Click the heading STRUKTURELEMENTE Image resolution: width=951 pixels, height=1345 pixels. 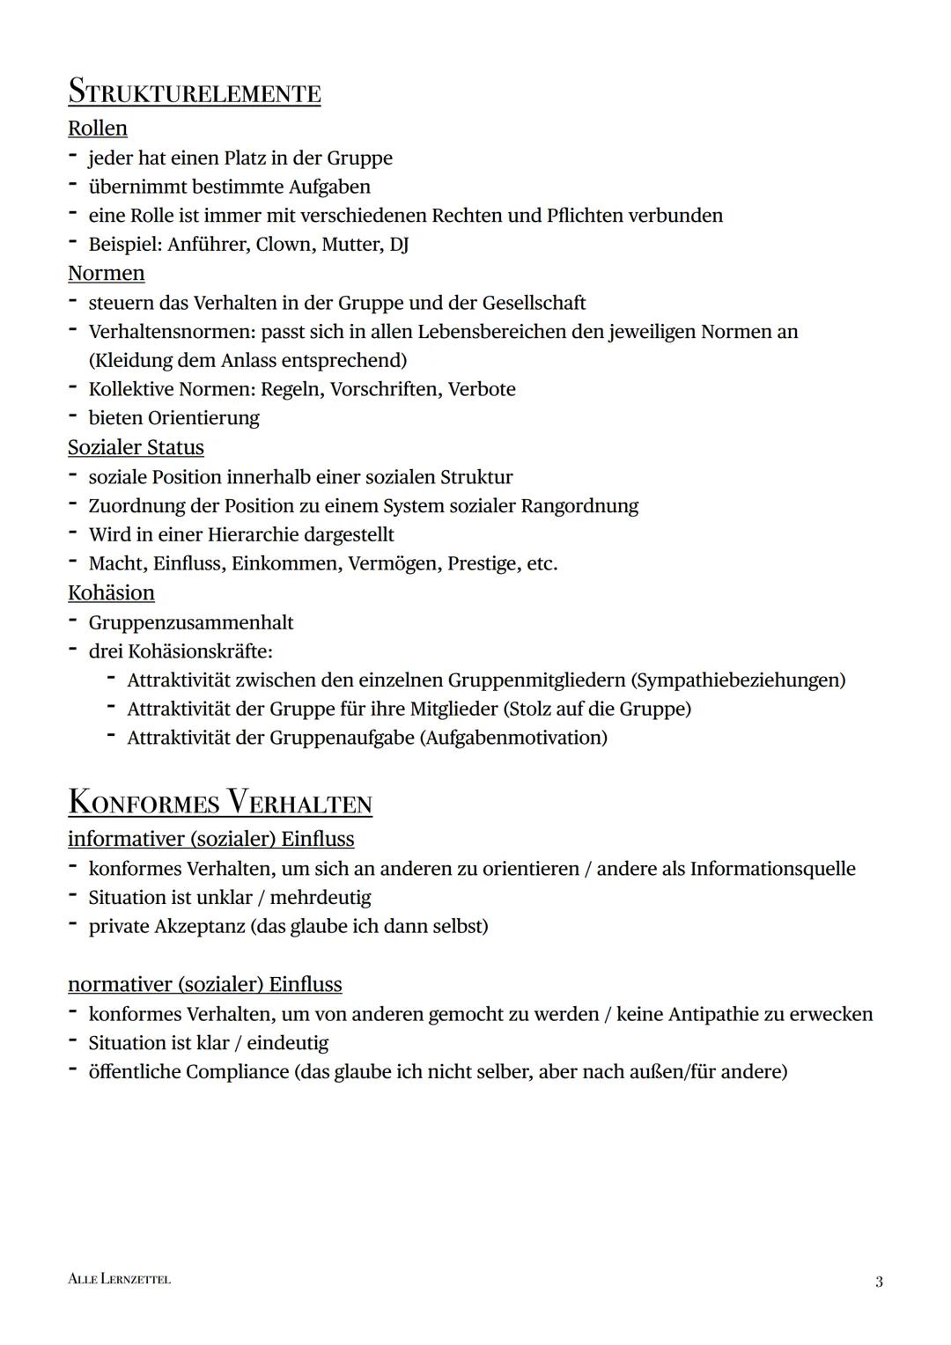(x=195, y=92)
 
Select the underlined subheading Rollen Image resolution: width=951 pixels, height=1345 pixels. (x=98, y=129)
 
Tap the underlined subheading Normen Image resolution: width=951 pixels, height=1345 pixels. (x=107, y=274)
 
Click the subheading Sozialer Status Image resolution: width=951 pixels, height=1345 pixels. (x=136, y=448)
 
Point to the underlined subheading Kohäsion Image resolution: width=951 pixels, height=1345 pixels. (x=111, y=593)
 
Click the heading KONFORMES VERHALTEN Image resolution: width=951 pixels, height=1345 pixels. (x=220, y=803)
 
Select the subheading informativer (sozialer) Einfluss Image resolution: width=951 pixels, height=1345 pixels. (x=211, y=839)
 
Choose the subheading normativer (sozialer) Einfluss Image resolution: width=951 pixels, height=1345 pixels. (x=205, y=984)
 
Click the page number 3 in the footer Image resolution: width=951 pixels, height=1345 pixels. (x=878, y=1282)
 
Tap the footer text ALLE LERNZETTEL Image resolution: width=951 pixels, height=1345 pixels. (x=119, y=1279)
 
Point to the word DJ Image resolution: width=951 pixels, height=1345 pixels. (x=399, y=245)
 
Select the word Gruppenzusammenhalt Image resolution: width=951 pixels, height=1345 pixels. (x=191, y=623)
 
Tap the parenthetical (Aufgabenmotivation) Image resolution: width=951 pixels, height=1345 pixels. (x=513, y=738)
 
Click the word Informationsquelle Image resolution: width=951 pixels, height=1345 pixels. (x=772, y=869)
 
